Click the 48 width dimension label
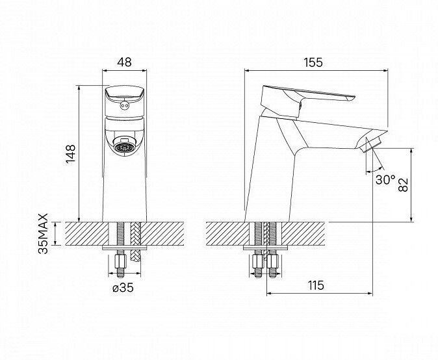pos(123,63)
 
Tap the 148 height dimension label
pos(71,155)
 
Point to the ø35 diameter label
pos(123,289)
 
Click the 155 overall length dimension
pos(314,62)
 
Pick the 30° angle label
pos(385,180)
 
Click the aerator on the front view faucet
pos(123,146)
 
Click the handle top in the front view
pos(123,94)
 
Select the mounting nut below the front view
pos(120,263)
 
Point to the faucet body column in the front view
pos(123,188)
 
